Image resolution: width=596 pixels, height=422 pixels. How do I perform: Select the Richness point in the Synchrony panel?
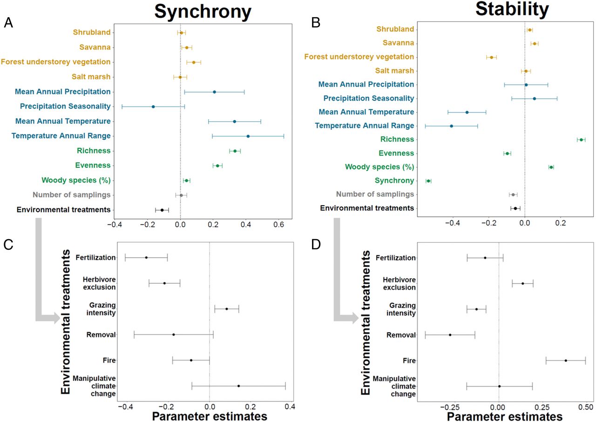(x=235, y=151)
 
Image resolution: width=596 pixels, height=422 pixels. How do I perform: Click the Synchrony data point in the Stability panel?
(x=428, y=181)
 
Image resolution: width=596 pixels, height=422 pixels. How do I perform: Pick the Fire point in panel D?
(x=566, y=361)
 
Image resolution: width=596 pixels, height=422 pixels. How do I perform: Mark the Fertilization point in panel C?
(x=146, y=257)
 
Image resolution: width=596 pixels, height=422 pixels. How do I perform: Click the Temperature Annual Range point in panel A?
(x=248, y=136)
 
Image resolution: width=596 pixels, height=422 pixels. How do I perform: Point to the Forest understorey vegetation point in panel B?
(x=491, y=57)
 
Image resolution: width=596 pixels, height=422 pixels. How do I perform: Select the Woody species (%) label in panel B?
(x=379, y=167)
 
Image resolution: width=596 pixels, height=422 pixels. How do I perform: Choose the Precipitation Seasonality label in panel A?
(x=65, y=107)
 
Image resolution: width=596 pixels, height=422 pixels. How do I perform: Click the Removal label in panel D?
(x=401, y=335)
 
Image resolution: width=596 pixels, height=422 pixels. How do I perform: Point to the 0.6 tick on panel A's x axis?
(x=278, y=225)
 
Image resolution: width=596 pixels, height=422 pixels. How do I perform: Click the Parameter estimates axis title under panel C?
(x=210, y=415)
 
